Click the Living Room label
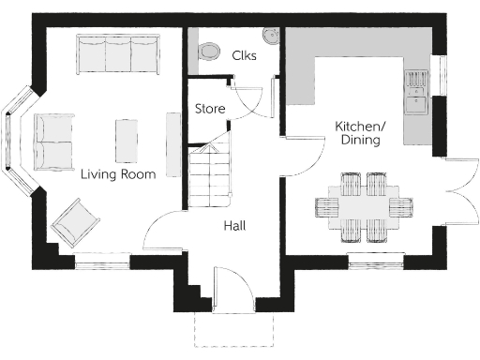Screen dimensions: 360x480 [117, 174]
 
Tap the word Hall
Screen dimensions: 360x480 [234, 226]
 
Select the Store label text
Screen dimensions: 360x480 [209, 109]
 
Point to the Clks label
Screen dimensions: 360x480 [244, 55]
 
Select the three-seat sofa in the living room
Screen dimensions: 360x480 [117, 54]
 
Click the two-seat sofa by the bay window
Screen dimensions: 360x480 [54, 141]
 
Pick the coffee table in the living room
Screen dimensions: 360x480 [127, 141]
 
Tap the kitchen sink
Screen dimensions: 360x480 [415, 91]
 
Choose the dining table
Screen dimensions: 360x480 [363, 207]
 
